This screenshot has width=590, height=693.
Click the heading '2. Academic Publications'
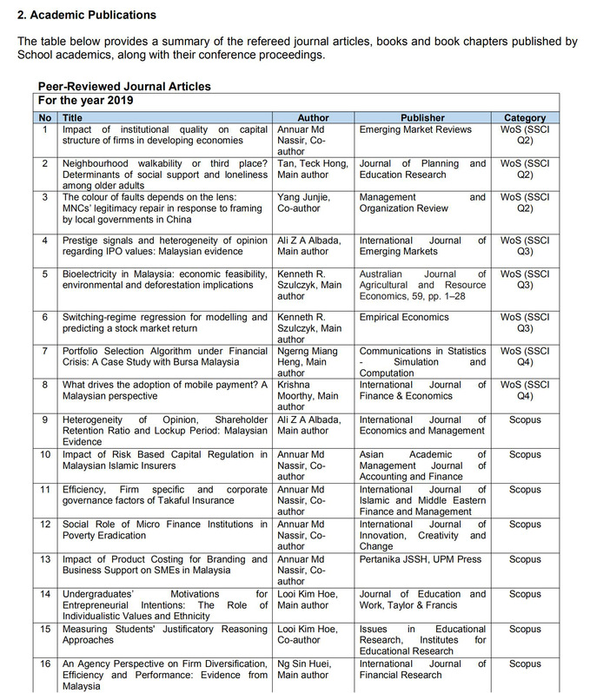click(87, 15)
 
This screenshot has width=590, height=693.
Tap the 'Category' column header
click(525, 117)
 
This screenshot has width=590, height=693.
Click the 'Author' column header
click(313, 117)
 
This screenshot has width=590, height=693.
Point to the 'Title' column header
click(73, 117)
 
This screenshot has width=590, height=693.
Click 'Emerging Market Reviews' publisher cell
click(415, 129)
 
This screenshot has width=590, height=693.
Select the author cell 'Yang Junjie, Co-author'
click(303, 202)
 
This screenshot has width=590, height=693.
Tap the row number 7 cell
click(46, 351)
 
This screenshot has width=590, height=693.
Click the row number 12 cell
click(46, 525)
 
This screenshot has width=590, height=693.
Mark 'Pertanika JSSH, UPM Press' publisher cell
click(420, 559)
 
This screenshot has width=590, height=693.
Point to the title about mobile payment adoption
click(164, 390)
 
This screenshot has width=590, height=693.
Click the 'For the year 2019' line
click(86, 100)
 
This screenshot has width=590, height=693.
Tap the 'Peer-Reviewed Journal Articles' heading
click(124, 87)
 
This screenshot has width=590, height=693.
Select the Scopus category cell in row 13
click(525, 559)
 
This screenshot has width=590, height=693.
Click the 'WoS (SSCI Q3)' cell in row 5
click(525, 278)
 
